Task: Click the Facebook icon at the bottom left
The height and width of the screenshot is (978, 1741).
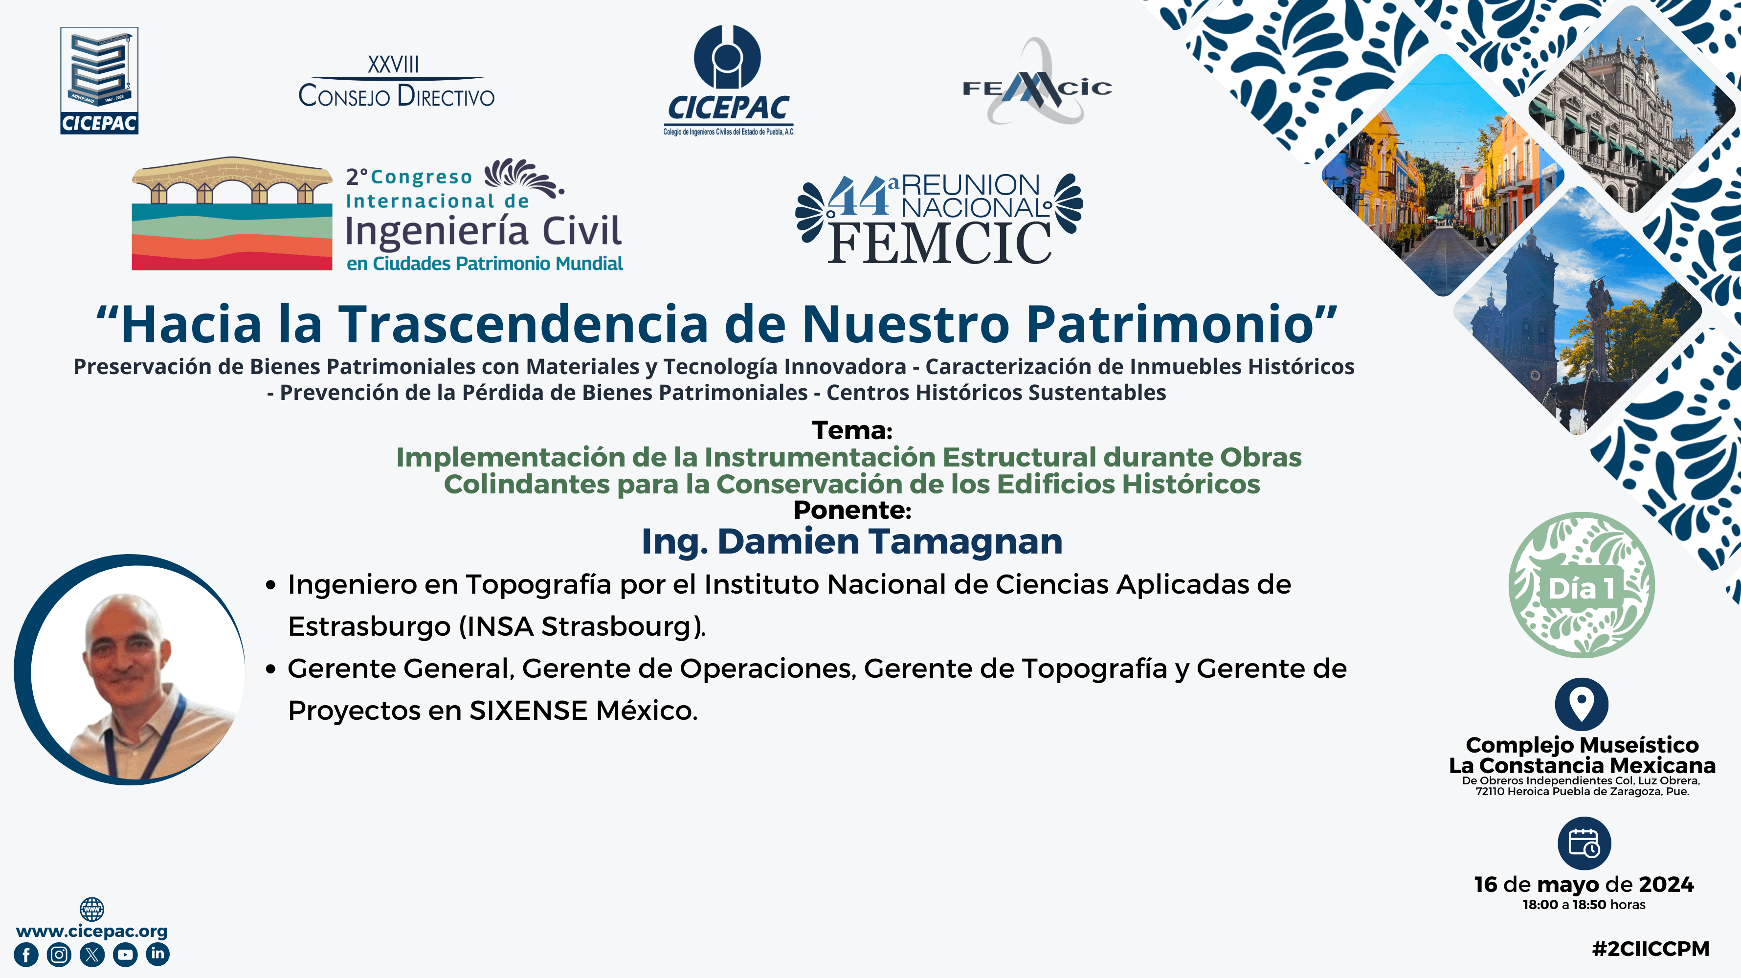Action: [26, 955]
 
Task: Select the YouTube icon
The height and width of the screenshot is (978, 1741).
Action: [125, 955]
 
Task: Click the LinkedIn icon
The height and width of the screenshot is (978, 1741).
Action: [157, 954]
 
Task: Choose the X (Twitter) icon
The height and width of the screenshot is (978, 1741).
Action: [92, 955]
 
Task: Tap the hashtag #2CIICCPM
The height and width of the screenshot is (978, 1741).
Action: [1651, 948]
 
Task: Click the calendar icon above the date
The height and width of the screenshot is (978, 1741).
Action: [1584, 844]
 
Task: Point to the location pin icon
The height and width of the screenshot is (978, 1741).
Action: [1582, 704]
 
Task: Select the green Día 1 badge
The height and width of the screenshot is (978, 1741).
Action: [1582, 585]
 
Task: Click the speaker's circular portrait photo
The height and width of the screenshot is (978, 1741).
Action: [130, 670]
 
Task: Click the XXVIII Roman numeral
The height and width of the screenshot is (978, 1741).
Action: [393, 65]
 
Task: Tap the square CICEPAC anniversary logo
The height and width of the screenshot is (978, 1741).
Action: [99, 80]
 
